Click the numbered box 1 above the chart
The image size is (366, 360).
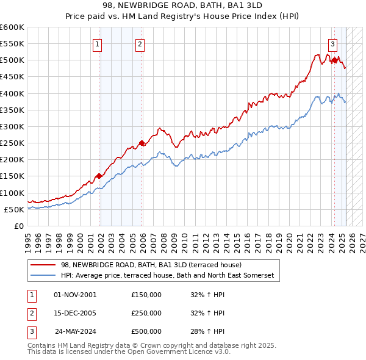click(98, 44)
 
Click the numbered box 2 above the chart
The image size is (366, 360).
click(140, 44)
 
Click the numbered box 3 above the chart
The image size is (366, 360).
click(332, 44)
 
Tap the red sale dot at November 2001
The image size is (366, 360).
click(99, 176)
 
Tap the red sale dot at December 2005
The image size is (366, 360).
click(142, 143)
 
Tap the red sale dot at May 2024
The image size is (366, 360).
click(334, 60)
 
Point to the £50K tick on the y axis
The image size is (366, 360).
click(15, 209)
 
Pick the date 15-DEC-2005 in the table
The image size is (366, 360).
click(75, 313)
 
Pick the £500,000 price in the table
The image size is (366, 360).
click(146, 331)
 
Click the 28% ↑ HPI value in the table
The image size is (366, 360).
click(208, 331)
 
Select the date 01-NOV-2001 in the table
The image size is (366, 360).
click(75, 295)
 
